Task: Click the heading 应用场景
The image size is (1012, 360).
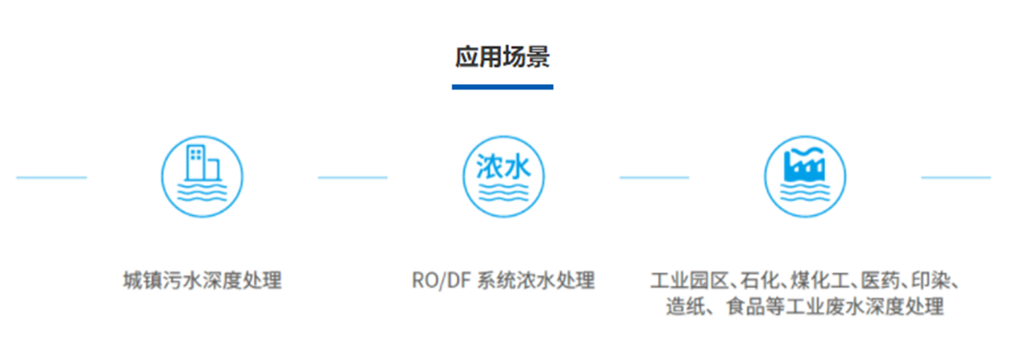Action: pyautogui.click(x=502, y=57)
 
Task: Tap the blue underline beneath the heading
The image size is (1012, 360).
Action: pyautogui.click(x=502, y=87)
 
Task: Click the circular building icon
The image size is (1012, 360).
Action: pyautogui.click(x=202, y=177)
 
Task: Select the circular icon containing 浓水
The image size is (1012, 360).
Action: pyautogui.click(x=503, y=177)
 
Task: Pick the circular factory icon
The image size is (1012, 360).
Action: pyautogui.click(x=804, y=177)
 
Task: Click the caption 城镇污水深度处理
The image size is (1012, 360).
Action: pyautogui.click(x=202, y=280)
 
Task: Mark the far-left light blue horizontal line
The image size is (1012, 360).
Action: pyautogui.click(x=51, y=178)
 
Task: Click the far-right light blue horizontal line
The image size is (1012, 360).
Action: pyautogui.click(x=956, y=178)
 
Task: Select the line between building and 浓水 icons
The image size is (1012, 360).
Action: pyautogui.click(x=352, y=178)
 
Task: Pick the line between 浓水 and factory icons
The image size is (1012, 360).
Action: pyautogui.click(x=654, y=178)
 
